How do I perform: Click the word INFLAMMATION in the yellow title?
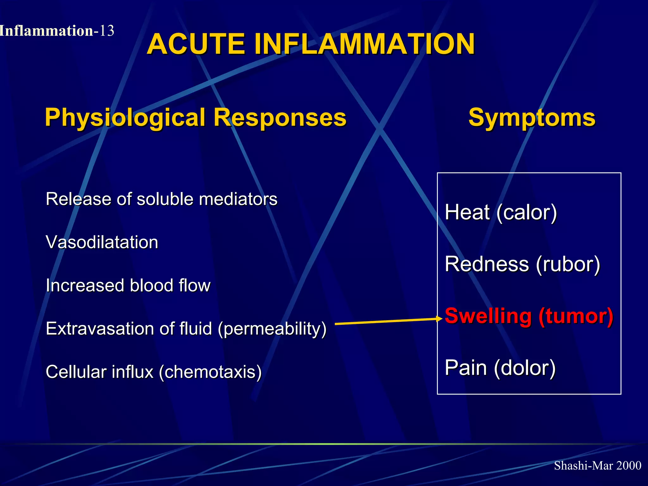click(x=364, y=44)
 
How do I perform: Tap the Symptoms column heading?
click(x=532, y=117)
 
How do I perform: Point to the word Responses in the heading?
click(x=280, y=117)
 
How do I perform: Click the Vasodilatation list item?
click(x=102, y=242)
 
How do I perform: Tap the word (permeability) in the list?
click(x=272, y=329)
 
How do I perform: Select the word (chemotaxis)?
click(x=210, y=372)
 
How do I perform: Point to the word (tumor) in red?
click(x=576, y=316)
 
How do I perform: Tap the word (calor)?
click(x=526, y=212)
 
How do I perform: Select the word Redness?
click(x=487, y=264)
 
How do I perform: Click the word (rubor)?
click(x=568, y=264)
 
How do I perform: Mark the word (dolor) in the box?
click(x=525, y=368)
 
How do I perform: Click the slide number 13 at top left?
click(x=106, y=31)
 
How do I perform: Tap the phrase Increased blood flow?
click(x=128, y=285)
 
